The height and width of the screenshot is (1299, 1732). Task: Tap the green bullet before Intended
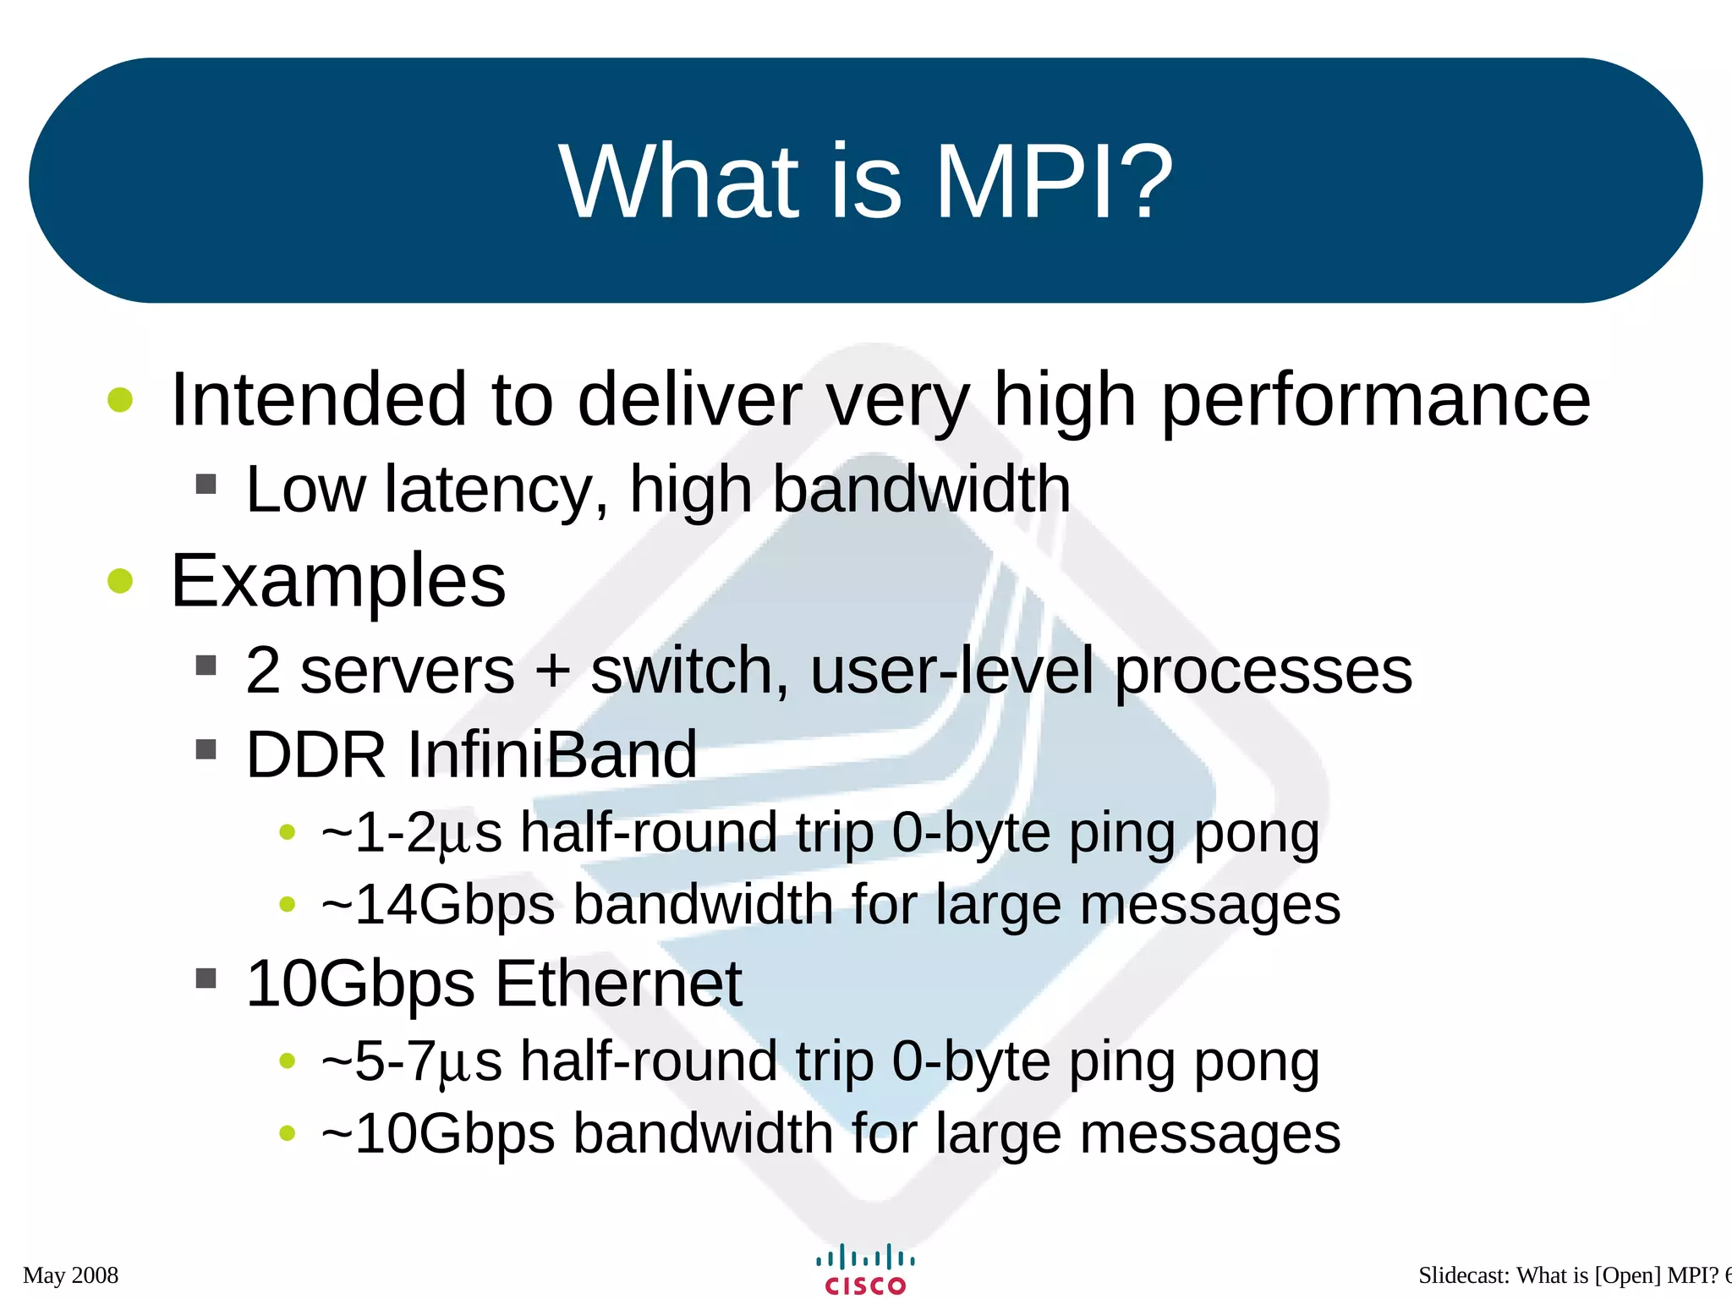[x=121, y=400]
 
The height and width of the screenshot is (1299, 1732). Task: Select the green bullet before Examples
[x=121, y=581]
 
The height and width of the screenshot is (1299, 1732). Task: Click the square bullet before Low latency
[x=206, y=485]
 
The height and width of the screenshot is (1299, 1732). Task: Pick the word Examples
[x=338, y=581]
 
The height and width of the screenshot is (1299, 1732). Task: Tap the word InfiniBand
[x=552, y=754]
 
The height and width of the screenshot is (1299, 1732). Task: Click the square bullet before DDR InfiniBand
[x=206, y=749]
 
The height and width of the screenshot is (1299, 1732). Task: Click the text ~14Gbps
[x=437, y=905]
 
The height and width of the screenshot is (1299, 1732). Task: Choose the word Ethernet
[x=617, y=984]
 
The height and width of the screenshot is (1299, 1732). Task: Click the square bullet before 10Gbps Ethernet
[x=206, y=978]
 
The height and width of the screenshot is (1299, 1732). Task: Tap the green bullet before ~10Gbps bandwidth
[x=288, y=1133]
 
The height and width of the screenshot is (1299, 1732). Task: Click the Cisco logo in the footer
[x=865, y=1269]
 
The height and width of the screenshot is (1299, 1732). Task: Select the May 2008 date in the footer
[x=71, y=1275]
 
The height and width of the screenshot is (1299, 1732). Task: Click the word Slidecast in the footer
[x=1464, y=1275]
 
